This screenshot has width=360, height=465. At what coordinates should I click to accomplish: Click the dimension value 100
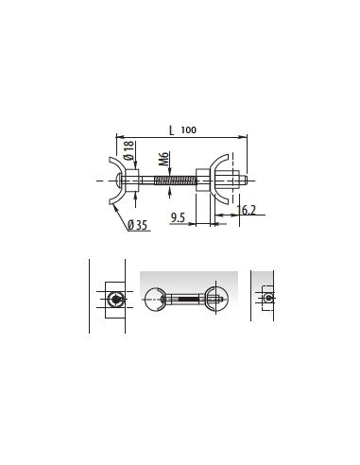(x=189, y=129)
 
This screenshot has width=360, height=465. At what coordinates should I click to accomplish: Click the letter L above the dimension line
(x=171, y=130)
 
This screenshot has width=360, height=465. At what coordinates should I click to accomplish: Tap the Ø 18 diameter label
(x=129, y=150)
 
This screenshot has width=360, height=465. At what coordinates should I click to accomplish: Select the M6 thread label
(x=163, y=159)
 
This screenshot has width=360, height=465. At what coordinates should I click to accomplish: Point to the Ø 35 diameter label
(x=138, y=225)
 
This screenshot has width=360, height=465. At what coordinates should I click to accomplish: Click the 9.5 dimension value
(x=178, y=217)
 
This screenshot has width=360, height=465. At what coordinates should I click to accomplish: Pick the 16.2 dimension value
(x=247, y=210)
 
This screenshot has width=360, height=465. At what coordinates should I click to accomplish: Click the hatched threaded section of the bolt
(x=175, y=181)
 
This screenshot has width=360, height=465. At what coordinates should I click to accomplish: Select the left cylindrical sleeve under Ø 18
(x=132, y=181)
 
